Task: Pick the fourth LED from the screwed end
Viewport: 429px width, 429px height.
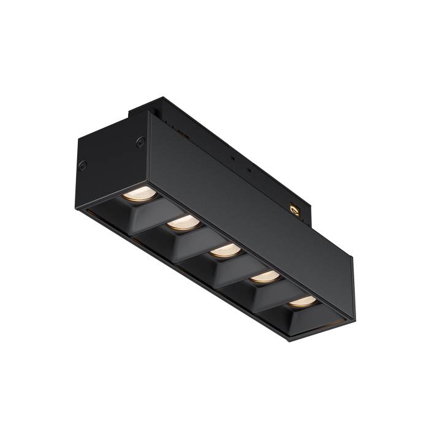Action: (x=264, y=276)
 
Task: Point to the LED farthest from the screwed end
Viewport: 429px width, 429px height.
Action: (x=302, y=301)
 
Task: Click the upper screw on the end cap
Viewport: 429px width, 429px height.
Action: (x=140, y=142)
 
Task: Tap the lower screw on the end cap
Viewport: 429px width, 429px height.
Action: (x=82, y=165)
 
